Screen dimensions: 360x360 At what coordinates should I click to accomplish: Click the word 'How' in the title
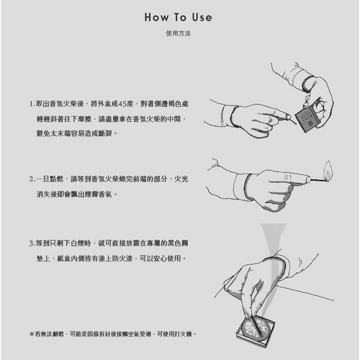coord(156,17)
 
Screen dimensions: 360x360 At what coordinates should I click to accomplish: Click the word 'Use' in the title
coord(202,17)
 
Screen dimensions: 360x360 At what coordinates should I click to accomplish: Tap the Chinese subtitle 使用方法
coord(178,33)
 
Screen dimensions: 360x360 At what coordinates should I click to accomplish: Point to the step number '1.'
coord(33,104)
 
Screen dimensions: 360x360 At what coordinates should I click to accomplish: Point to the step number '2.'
coord(33,179)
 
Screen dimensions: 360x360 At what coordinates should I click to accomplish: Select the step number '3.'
coord(33,244)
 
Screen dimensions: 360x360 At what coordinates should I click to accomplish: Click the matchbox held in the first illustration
coord(307,119)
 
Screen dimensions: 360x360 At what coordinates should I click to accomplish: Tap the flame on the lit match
coord(328,170)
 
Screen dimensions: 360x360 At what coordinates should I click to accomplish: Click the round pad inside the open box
coord(255,327)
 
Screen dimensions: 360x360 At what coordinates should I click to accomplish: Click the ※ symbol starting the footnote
coord(32,334)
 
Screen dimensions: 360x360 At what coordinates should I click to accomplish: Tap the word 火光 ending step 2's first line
coord(181,179)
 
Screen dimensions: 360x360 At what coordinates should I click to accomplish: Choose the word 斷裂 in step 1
coord(105,133)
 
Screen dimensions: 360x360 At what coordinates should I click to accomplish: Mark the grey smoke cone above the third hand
coord(273,239)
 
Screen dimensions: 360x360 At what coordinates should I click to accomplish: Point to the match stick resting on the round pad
coord(256,326)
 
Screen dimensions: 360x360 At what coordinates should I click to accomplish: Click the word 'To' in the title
coord(180,17)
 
